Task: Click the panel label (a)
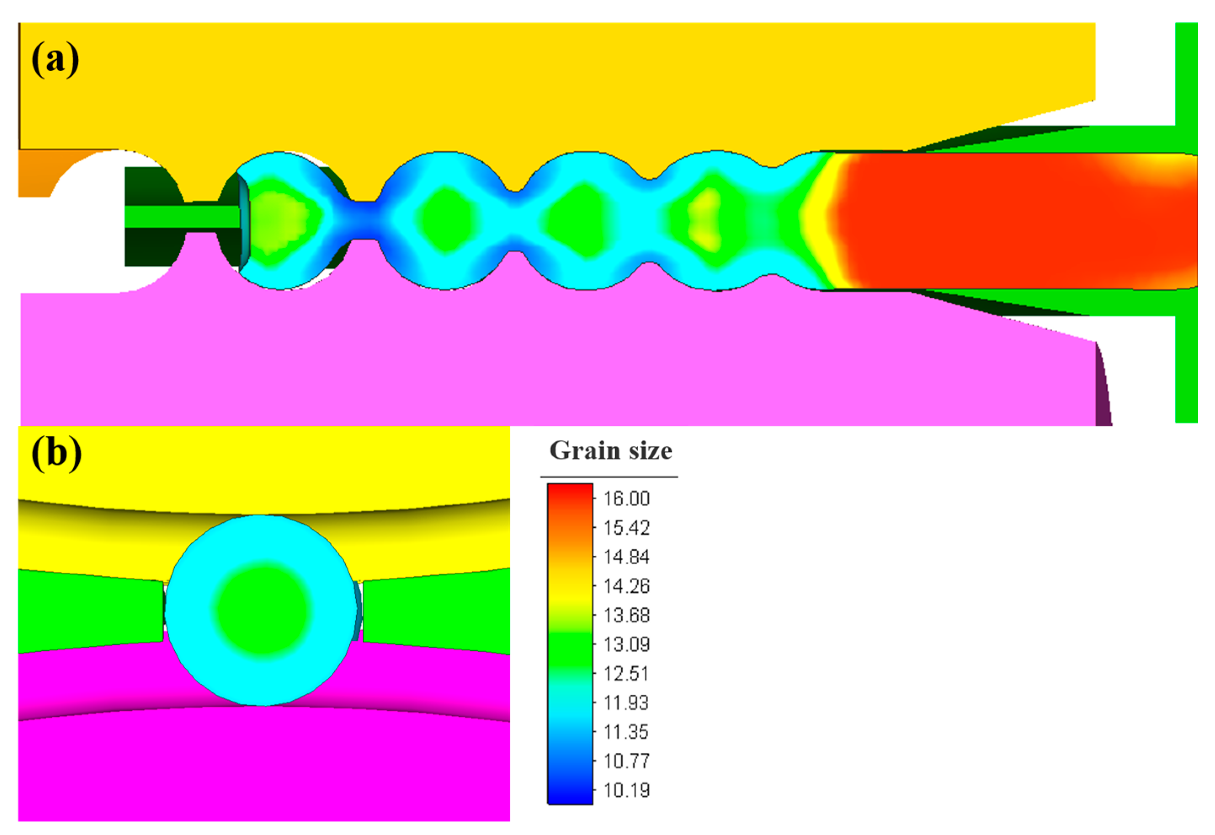tap(56, 60)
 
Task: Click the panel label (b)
tap(56, 453)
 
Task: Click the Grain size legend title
tap(611, 451)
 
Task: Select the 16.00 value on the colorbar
tap(626, 499)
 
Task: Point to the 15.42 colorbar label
tap(626, 528)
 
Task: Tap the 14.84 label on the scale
tap(626, 557)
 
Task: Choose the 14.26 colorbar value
tap(626, 586)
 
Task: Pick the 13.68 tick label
tap(626, 615)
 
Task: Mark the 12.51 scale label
tap(626, 673)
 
